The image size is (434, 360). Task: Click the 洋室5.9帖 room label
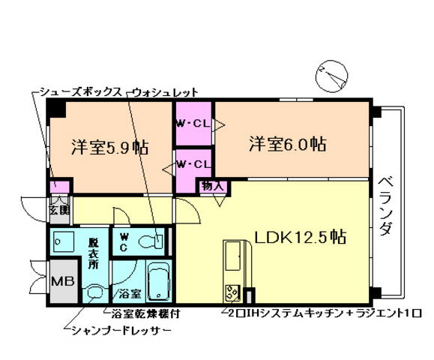tap(109, 146)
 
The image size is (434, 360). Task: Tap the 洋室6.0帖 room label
tap(287, 143)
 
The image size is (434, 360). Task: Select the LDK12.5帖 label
tap(300, 238)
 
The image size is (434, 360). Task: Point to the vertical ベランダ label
tap(385, 206)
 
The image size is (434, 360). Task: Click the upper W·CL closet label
tap(193, 124)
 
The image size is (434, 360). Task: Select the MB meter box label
tap(61, 281)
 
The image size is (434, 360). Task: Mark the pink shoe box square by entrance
tap(57, 186)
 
